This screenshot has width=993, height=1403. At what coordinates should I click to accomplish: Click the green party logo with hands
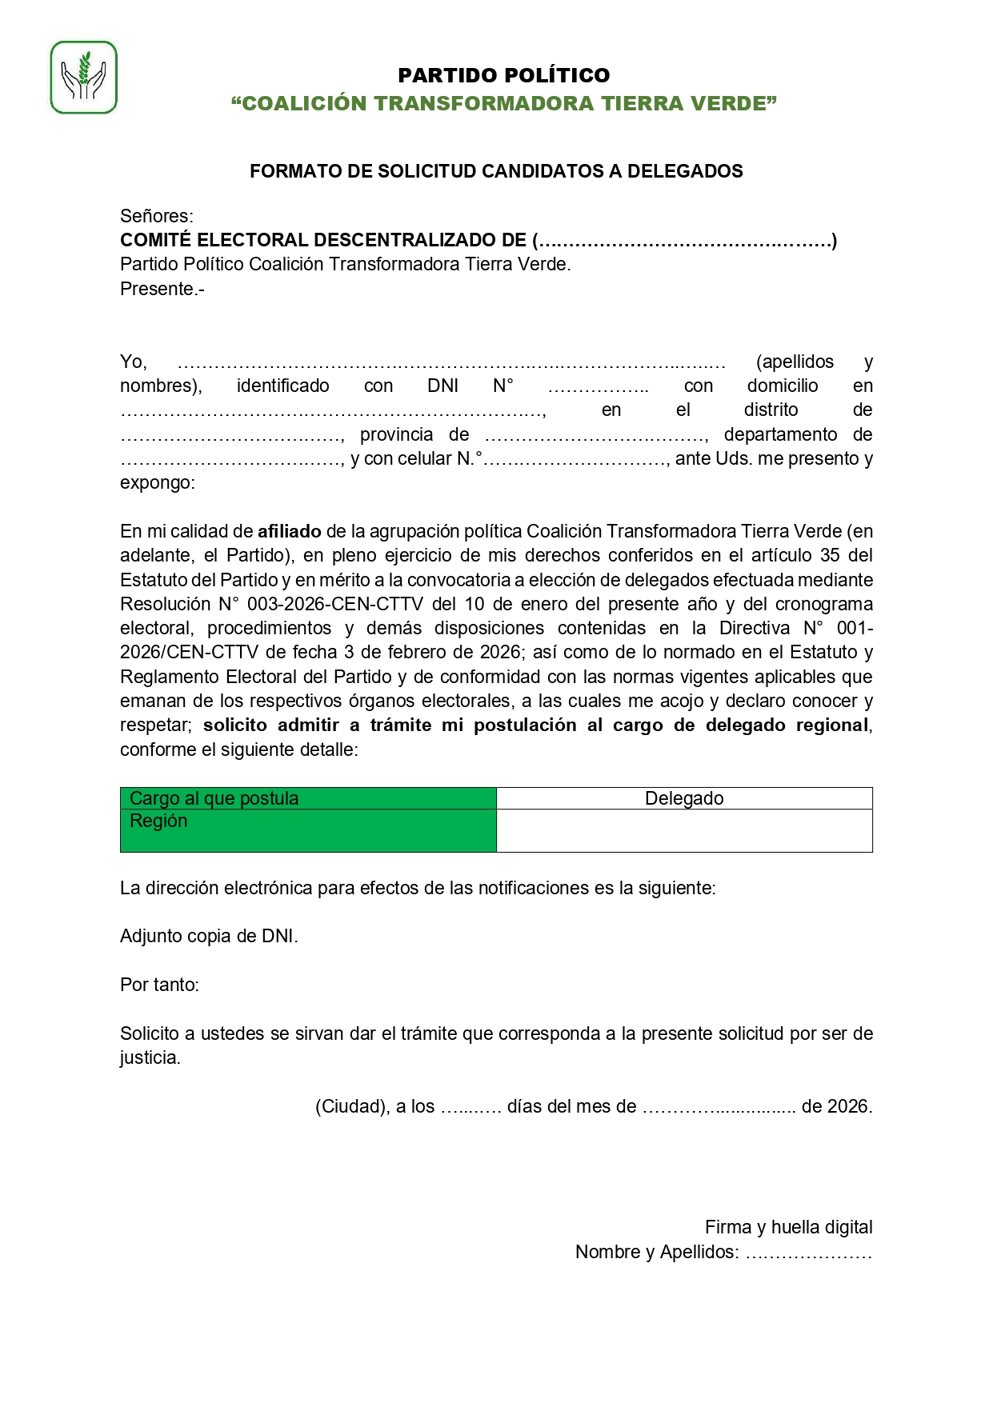(x=84, y=78)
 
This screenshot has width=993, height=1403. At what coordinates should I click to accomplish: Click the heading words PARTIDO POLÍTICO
(x=503, y=75)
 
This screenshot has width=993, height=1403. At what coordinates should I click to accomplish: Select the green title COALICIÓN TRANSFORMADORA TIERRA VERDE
(x=503, y=103)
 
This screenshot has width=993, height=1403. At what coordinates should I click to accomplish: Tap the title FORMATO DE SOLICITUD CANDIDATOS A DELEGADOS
(x=496, y=171)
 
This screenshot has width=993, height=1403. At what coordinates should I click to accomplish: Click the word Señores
(x=156, y=216)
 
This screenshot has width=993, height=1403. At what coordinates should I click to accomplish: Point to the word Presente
(x=160, y=289)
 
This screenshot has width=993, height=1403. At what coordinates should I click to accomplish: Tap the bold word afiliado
(x=289, y=531)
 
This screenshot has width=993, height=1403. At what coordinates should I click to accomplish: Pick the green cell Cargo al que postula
(x=308, y=798)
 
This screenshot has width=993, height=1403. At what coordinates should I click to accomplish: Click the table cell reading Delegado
(x=684, y=798)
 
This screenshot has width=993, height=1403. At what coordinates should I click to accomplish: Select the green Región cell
(x=308, y=830)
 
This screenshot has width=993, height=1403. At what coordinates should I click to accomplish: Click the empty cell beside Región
(x=684, y=830)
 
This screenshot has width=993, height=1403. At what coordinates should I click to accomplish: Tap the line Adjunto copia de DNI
(x=209, y=936)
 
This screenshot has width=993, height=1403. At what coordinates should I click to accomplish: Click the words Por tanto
(x=159, y=985)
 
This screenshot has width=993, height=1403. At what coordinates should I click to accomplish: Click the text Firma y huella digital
(x=788, y=1227)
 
